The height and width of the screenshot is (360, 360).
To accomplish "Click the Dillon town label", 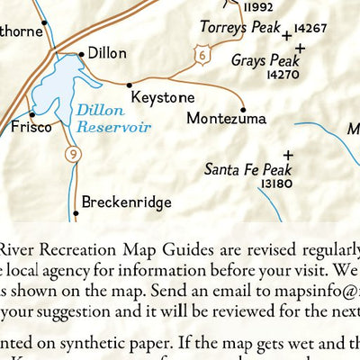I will click(108, 54).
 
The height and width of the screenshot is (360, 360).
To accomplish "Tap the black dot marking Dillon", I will click(82, 54).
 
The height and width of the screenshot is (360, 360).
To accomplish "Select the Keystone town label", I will click(162, 96).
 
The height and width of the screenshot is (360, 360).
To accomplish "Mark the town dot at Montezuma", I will click(243, 110).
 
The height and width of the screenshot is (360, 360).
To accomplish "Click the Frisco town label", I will click(32, 128).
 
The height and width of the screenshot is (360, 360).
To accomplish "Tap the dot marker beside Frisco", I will click(31, 114).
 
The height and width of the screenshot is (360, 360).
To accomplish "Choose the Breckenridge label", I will click(126, 202).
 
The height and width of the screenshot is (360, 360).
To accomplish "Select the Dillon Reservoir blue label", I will click(112, 119).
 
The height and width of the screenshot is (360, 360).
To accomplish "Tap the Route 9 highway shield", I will click(69, 157).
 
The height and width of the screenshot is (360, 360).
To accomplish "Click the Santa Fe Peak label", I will click(249, 168).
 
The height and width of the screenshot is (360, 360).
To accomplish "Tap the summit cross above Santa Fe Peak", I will click(288, 154).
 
